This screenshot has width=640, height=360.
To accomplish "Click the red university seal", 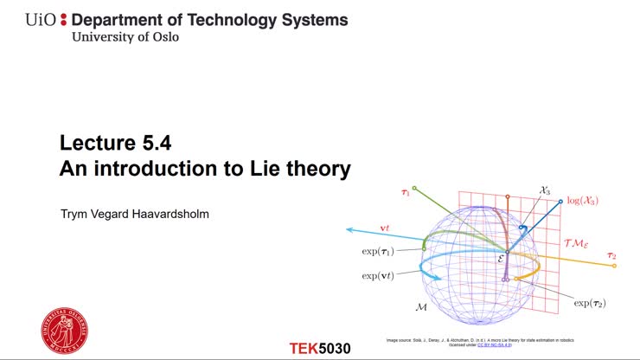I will point(65,329).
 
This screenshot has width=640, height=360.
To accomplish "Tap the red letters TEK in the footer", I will point(304,349).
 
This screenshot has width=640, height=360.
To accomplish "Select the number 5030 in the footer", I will point(335,349).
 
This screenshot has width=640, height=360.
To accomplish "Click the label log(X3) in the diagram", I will point(582,201).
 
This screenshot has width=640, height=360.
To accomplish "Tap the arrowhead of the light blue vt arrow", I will point(349,229).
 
